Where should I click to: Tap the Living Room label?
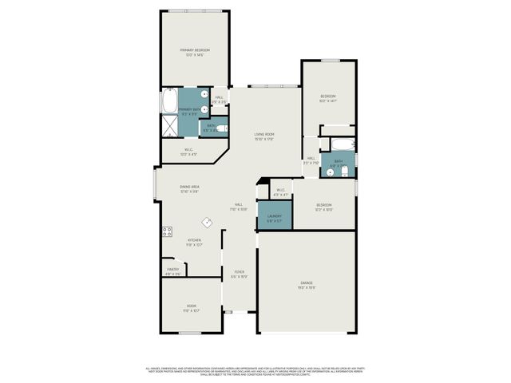coord(264,135)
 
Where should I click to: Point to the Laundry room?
coord(274,217)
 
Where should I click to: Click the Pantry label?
coord(172,270)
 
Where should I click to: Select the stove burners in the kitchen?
coord(168,232)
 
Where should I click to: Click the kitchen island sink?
coord(207,223)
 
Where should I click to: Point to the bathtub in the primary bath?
coord(169,102)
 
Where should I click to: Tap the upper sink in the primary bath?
coord(205,96)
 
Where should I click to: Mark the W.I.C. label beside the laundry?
coord(280,191)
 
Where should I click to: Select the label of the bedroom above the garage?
coord(323,206)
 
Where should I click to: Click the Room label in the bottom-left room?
coord(192,307)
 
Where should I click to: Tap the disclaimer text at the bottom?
coord(255,371)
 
